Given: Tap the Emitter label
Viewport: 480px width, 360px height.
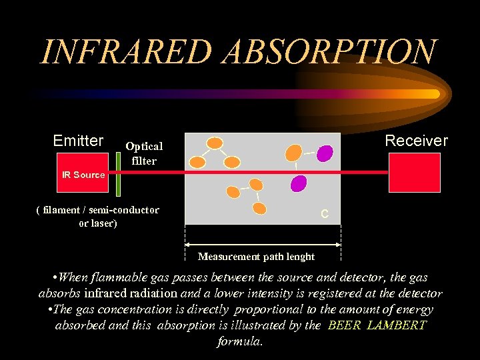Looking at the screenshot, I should pos(78,141).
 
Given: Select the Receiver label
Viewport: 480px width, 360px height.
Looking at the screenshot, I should pos(416,141).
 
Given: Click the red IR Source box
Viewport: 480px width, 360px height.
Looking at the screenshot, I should pos(83,175).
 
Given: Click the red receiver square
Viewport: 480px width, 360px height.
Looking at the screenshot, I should pos(414,173).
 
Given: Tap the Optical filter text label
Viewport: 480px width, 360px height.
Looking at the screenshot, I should pos(144,153).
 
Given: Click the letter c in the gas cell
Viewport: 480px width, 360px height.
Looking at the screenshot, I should pos(324,214).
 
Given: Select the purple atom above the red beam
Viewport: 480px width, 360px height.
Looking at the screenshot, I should pos(324,153).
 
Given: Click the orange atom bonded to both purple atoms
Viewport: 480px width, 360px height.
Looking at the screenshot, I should pos(293,153).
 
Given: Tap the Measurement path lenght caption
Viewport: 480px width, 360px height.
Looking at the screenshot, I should pos(256,256).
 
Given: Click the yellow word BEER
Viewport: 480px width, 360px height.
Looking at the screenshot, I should pos(344,325).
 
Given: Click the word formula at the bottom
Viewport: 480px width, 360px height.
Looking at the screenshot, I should pos(240,341).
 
